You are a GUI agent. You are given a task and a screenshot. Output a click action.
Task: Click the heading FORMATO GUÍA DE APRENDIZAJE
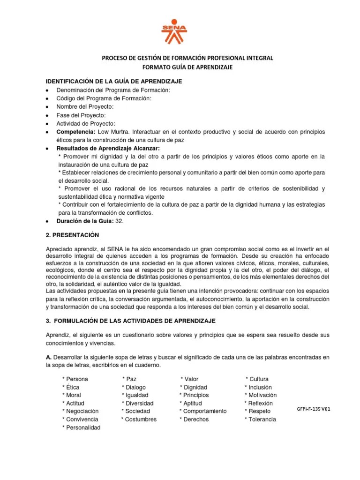coord(187,67)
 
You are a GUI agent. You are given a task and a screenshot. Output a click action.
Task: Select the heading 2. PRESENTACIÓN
coord(72,234)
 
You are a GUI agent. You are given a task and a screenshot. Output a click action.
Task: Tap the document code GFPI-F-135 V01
coord(314,409)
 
